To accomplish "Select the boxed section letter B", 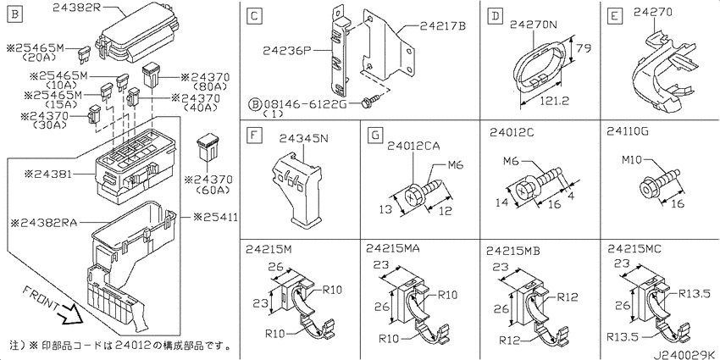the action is point(15,15).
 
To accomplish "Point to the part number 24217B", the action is point(443,26).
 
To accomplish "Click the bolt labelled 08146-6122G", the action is point(368,102).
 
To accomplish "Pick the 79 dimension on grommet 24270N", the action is point(584,47).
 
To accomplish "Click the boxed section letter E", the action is point(612,17).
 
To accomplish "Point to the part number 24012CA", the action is point(413,146).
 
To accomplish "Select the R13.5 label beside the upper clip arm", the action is point(694,294).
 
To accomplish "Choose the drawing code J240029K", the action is point(685,355).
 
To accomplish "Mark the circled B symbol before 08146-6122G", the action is point(254,104).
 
